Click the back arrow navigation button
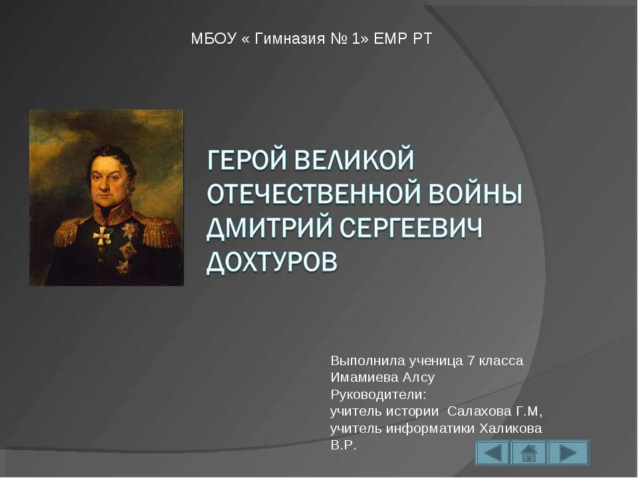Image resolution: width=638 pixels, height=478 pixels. pyautogui.click(x=492, y=453)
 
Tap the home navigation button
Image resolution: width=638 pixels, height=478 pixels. pyautogui.click(x=529, y=453)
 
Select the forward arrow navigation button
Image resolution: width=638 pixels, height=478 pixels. pyautogui.click(x=568, y=453)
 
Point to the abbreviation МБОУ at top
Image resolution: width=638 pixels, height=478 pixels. pyautogui.click(x=213, y=39)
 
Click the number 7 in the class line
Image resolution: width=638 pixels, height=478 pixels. pyautogui.click(x=471, y=361)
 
